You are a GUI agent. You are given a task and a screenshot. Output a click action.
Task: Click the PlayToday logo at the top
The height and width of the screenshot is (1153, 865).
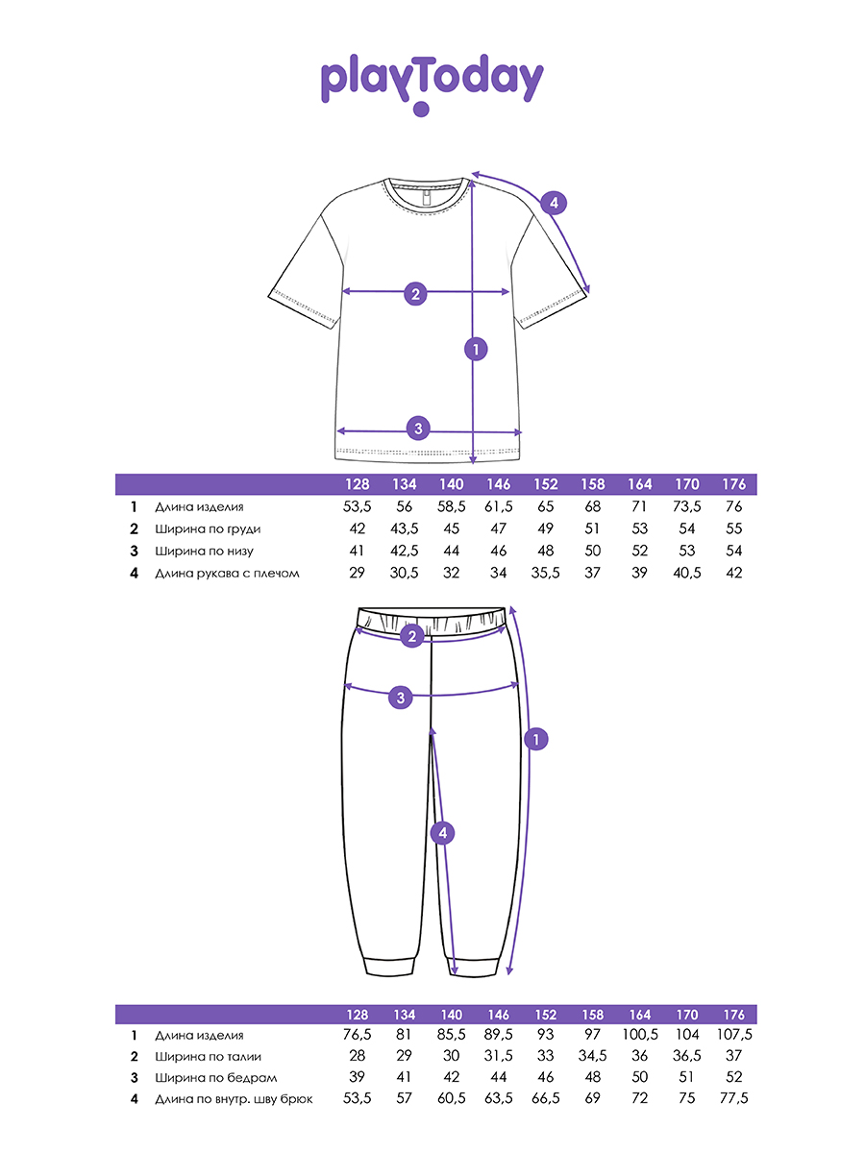tap(432, 84)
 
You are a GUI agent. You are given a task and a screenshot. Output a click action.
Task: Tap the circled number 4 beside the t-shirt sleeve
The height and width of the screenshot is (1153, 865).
tap(554, 203)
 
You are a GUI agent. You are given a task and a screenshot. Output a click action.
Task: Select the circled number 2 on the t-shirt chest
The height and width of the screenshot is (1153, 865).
tap(415, 294)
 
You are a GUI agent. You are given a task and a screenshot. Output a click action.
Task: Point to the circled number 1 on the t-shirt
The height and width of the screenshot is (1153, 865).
tap(476, 350)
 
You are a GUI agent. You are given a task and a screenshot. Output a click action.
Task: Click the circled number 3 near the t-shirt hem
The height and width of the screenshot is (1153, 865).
tap(419, 429)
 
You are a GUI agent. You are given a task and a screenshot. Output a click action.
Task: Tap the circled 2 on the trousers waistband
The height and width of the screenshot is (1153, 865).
tap(412, 636)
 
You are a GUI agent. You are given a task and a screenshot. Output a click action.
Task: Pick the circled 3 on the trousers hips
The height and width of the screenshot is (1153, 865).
tap(401, 698)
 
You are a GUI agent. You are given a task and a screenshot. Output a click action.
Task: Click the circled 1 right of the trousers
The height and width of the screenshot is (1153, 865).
tap(535, 740)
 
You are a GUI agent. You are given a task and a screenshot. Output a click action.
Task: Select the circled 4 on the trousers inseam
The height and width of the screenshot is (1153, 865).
tap(442, 833)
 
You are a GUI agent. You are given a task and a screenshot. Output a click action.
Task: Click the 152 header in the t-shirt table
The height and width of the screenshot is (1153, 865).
tap(545, 484)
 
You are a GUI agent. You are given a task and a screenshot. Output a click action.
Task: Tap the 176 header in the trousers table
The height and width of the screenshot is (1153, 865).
tap(733, 1015)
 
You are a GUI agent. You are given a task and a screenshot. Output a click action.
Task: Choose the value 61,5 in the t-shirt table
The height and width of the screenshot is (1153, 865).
tap(499, 507)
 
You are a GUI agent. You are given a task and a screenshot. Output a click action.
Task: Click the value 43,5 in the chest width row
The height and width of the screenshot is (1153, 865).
tap(404, 529)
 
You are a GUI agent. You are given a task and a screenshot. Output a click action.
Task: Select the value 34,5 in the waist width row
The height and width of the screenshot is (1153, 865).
tap(592, 1056)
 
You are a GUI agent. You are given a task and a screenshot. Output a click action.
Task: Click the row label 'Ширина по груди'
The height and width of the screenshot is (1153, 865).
tap(208, 529)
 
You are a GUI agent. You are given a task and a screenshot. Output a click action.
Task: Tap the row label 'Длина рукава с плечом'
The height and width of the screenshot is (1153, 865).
tap(227, 573)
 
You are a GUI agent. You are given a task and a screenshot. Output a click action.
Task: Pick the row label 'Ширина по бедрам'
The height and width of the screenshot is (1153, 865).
tap(216, 1078)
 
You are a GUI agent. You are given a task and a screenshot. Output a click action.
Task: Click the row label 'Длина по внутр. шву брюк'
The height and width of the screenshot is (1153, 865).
tap(234, 1099)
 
